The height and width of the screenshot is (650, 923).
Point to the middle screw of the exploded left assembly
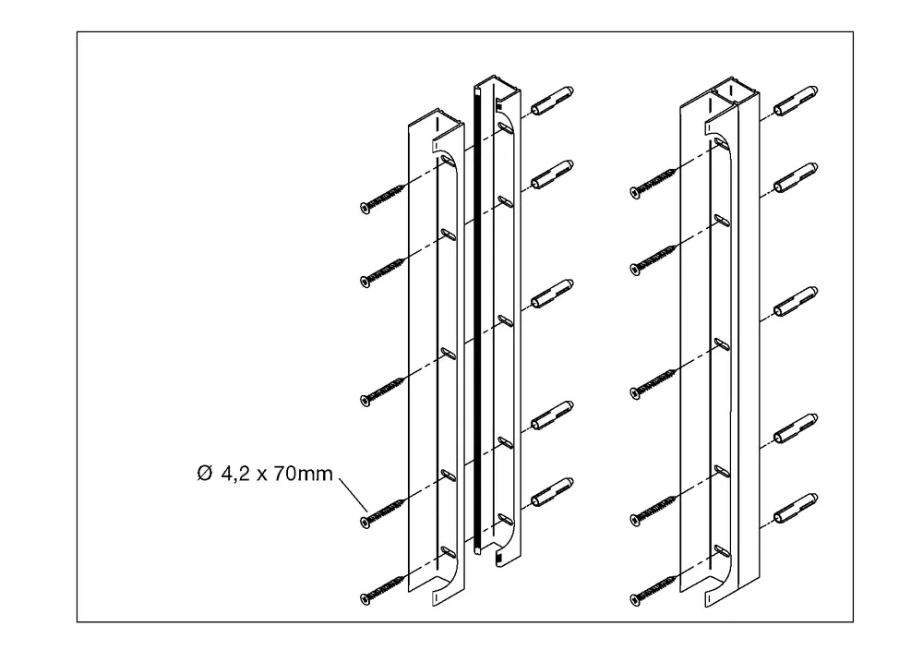pos(382,391)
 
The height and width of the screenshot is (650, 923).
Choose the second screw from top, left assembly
pos(382,270)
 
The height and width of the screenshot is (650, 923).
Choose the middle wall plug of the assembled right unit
pos(796,302)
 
